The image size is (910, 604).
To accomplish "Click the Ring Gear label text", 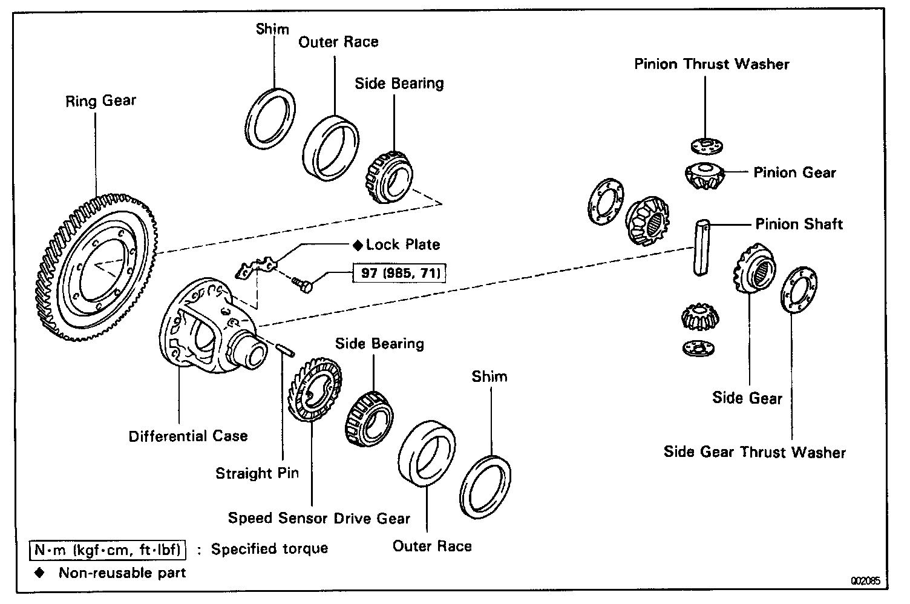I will click(x=101, y=100).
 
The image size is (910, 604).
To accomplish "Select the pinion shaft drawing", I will click(x=701, y=248).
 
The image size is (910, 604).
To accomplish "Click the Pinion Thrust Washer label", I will click(x=712, y=64).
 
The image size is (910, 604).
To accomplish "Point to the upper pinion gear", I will click(x=705, y=176).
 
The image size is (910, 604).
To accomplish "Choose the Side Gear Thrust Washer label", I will click(x=755, y=452).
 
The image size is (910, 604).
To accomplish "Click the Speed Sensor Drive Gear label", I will click(x=319, y=518).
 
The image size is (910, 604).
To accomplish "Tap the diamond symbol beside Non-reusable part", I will click(x=40, y=573).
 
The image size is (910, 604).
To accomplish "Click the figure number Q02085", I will click(x=866, y=580).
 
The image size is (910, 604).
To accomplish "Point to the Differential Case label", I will click(x=188, y=436).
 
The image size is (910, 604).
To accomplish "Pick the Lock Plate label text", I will click(x=402, y=245).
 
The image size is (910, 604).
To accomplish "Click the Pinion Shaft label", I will click(x=799, y=225).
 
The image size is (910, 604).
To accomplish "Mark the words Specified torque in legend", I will click(x=269, y=549).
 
